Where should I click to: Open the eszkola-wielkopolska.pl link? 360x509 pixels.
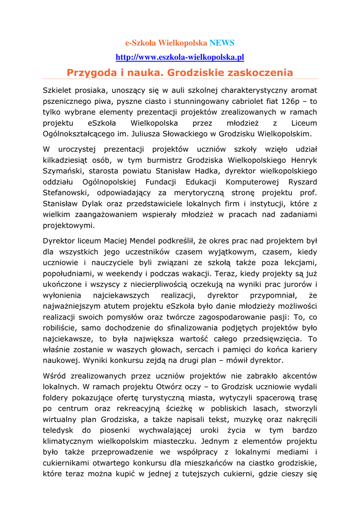pos(180,57)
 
